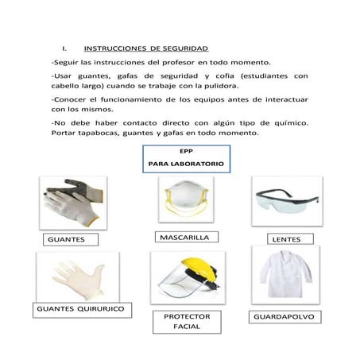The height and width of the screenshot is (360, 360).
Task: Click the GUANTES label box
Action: (x=64, y=238)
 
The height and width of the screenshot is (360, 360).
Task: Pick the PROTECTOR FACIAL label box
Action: (x=186, y=321)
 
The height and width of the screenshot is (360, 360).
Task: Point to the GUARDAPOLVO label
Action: (x=285, y=317)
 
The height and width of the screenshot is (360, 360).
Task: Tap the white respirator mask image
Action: (x=185, y=199)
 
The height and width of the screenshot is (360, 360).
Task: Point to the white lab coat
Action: (x=284, y=274)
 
